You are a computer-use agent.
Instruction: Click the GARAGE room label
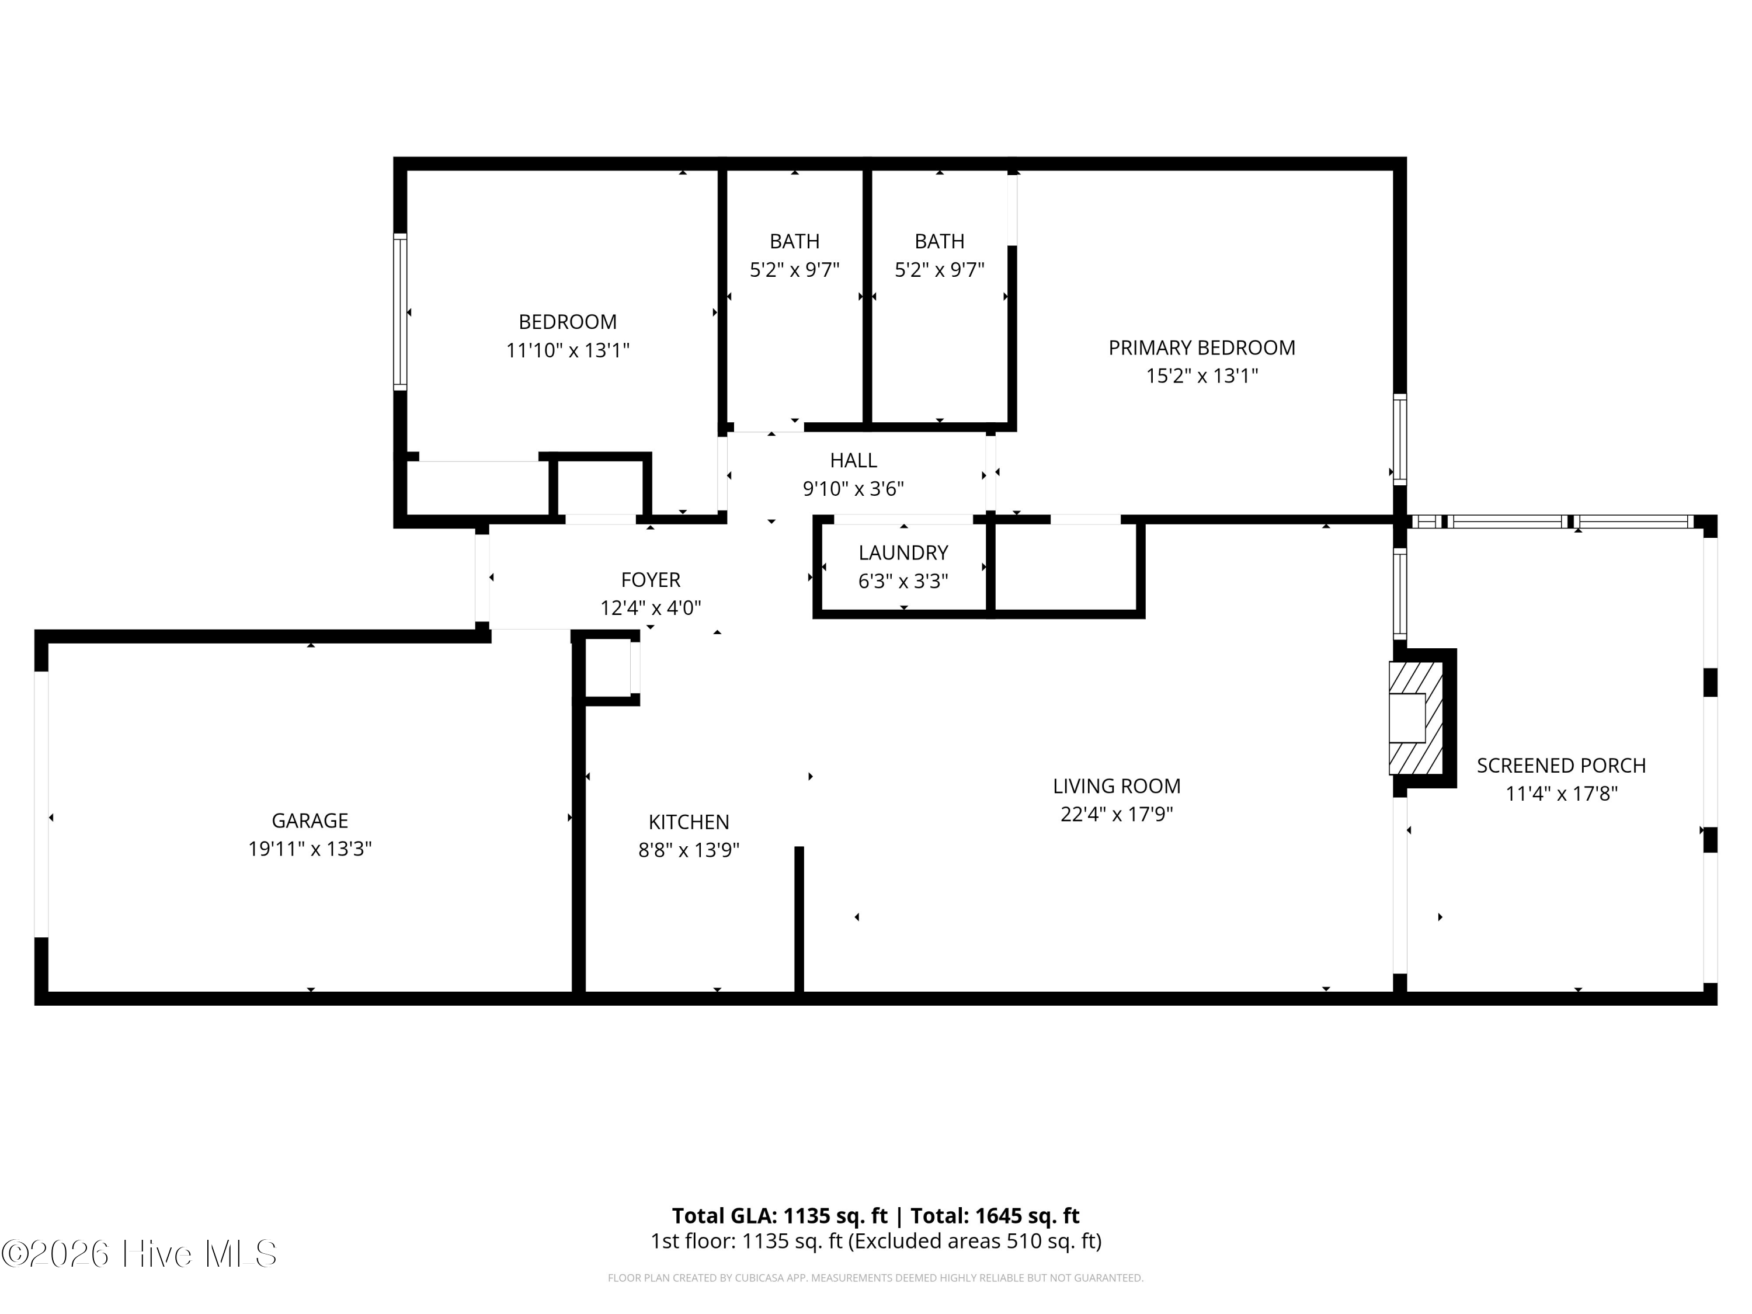pos(310,821)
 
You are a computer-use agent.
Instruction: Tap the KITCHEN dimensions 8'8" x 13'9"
pos(689,850)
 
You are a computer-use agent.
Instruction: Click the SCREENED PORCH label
pos(1560,765)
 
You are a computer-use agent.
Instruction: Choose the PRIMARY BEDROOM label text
pos(1201,347)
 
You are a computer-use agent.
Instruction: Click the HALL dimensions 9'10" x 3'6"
pos(853,489)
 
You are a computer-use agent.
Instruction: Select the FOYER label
pos(650,580)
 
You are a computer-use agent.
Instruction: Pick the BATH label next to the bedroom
pos(794,241)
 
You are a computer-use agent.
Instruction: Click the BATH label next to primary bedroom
pos(939,241)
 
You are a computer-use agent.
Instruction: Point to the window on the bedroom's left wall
pos(401,311)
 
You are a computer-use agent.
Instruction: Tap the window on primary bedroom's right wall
pos(1399,440)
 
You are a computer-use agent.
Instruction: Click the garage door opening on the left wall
pos(41,804)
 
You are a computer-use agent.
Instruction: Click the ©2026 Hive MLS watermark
pos(140,1254)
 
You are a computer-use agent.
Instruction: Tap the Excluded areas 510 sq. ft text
pos(974,1241)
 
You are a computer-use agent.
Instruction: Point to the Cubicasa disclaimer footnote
pos(875,1278)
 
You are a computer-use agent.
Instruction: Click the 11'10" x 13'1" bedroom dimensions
pos(567,350)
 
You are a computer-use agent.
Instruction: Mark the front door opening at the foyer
pos(482,578)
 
